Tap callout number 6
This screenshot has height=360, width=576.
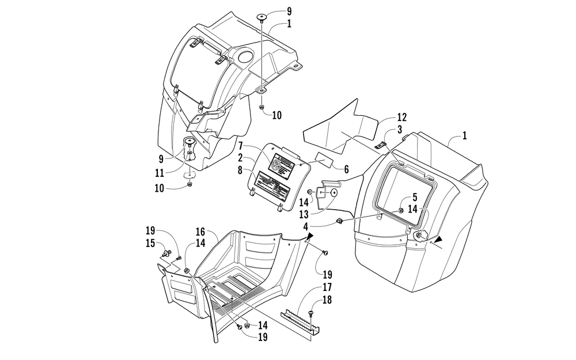pos(347,170)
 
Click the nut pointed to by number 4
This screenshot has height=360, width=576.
pos(340,222)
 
